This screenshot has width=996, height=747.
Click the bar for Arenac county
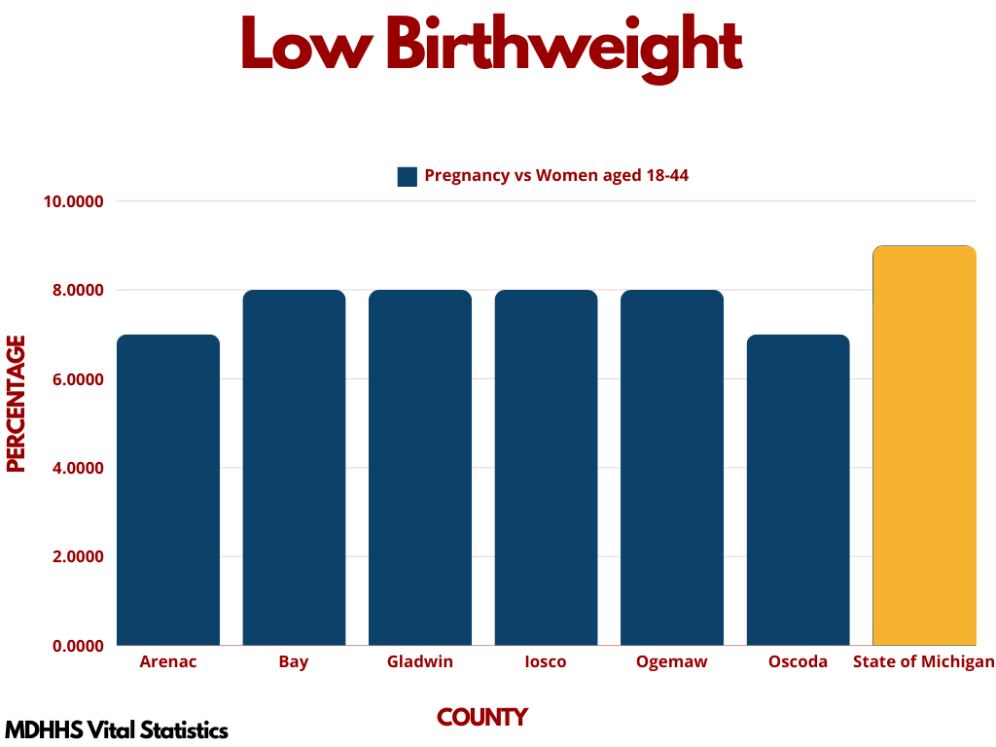(168, 490)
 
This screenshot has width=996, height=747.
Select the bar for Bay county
(294, 468)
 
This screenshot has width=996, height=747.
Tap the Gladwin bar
(420, 468)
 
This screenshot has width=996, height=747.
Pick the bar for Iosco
(546, 468)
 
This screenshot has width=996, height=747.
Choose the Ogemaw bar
(672, 468)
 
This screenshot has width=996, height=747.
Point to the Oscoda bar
(798, 490)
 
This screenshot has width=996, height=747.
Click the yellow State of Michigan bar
(924, 445)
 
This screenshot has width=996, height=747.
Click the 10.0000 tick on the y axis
(73, 201)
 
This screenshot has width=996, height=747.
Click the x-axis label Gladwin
(420, 662)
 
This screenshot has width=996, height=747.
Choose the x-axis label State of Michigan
(924, 662)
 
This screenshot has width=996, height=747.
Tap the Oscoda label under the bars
(798, 662)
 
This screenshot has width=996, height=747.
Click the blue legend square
(407, 176)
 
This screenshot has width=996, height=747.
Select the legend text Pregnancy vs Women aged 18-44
(556, 176)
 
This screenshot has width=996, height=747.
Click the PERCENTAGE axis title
(16, 404)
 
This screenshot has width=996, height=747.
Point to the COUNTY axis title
(482, 718)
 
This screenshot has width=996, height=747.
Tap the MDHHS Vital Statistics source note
(117, 729)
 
